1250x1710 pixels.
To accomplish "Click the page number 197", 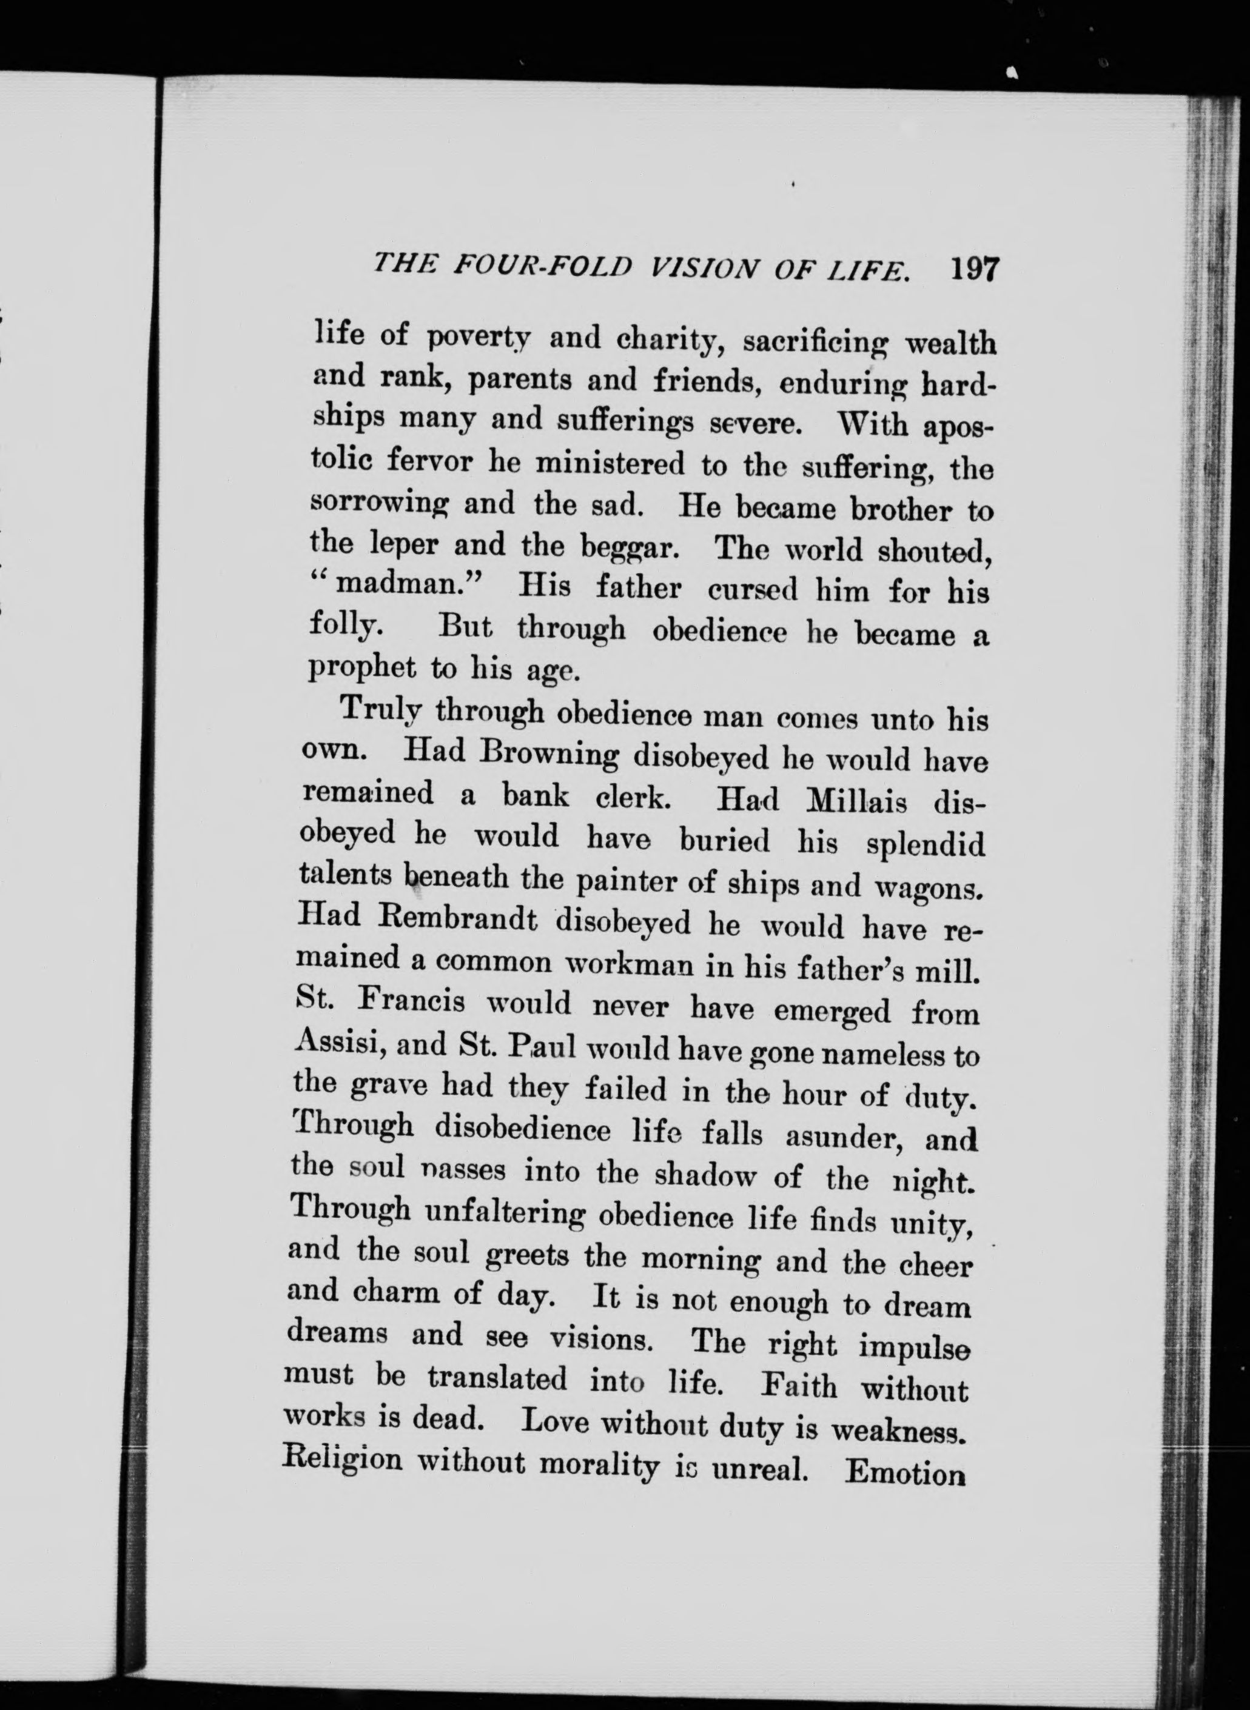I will click(975, 269).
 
